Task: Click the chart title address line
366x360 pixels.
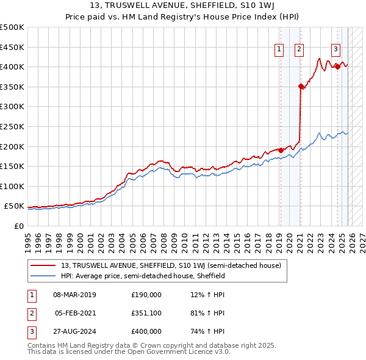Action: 183,6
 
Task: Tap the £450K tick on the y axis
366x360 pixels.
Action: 12,47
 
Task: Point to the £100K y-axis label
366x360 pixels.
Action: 12,186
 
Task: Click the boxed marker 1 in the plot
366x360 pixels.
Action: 279,50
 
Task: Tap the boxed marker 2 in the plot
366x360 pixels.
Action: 300,50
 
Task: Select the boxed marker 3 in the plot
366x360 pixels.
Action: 336,50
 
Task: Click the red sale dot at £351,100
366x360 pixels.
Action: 301,87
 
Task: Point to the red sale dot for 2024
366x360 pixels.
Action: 337,67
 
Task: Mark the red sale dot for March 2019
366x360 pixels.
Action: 281,150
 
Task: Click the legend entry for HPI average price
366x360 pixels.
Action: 143,276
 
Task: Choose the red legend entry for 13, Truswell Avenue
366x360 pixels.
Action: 171,265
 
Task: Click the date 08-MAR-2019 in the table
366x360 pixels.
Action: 74,295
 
